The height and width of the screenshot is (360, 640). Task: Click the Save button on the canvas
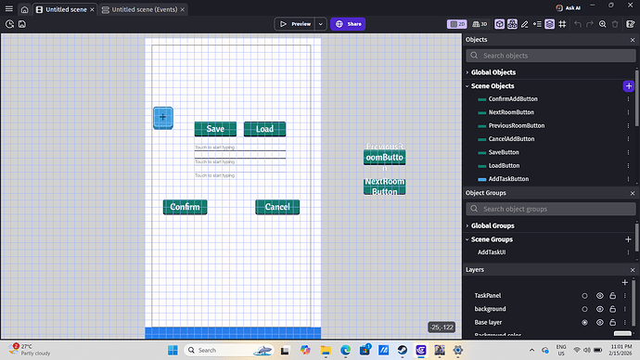coord(215,129)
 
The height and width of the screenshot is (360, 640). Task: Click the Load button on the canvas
coord(264,129)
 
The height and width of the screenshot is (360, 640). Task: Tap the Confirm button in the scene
coord(185,207)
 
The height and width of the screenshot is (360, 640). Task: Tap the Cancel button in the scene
coord(277,207)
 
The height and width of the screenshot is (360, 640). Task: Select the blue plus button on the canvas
coord(163,118)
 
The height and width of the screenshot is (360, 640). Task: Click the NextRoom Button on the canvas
coord(384,186)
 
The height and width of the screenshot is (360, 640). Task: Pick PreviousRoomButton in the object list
coord(517,125)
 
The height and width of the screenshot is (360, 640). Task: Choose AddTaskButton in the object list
coord(508,178)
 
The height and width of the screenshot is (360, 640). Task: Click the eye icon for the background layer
coord(600,308)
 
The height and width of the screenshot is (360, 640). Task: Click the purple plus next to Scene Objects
coord(629,85)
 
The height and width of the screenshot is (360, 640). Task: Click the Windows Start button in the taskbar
coord(171,350)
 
